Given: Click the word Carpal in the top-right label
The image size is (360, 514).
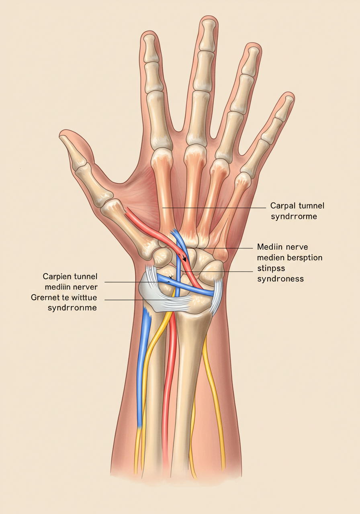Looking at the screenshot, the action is [283, 206].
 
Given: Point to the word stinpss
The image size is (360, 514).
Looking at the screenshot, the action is [272, 268].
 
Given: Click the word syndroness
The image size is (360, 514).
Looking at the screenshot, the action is [280, 278].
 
